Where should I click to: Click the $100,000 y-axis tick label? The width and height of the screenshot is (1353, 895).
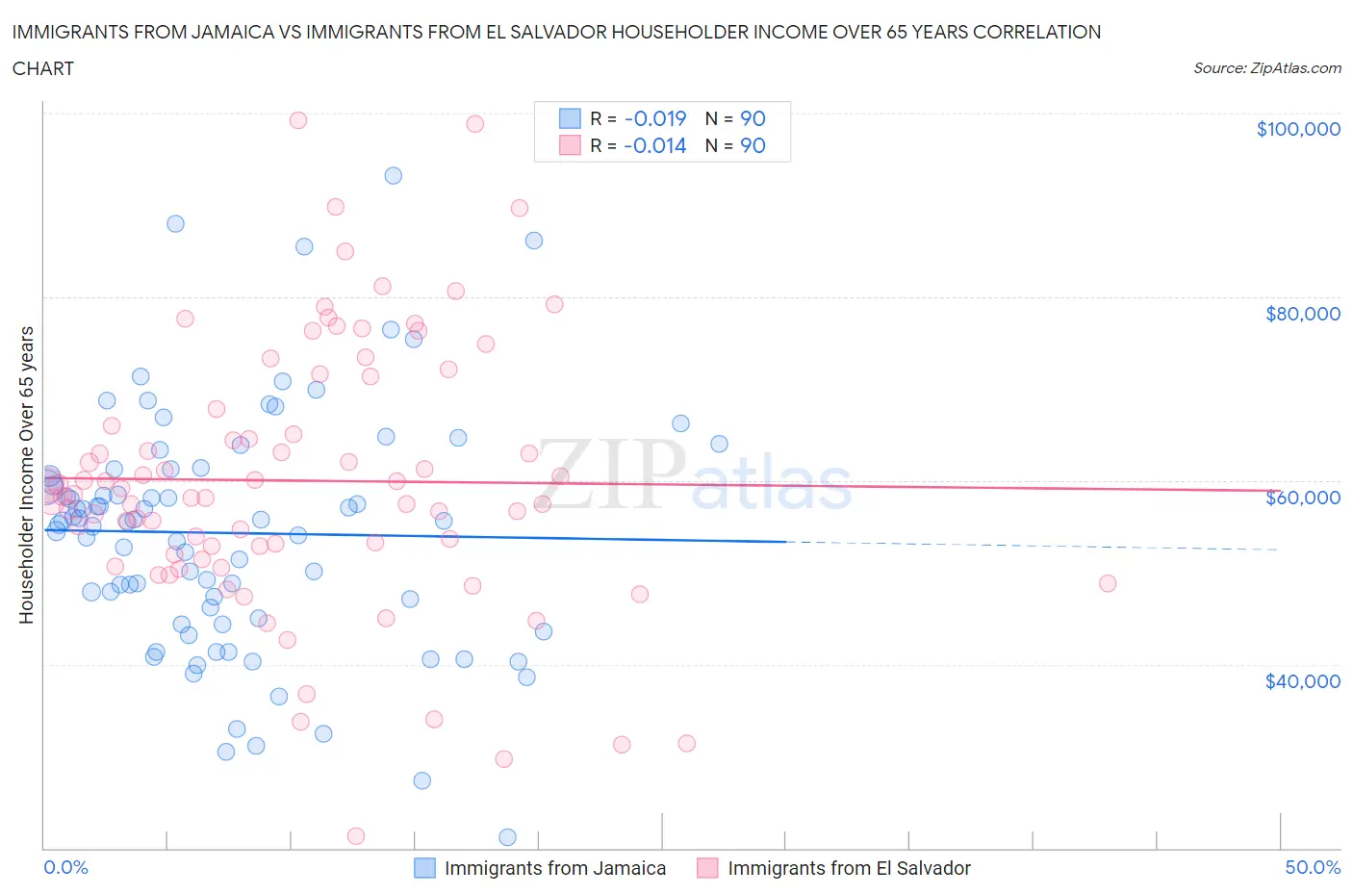tap(1297, 129)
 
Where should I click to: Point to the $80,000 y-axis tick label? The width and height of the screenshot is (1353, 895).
tap(1302, 313)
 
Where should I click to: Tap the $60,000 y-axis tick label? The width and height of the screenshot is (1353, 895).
tap(1302, 497)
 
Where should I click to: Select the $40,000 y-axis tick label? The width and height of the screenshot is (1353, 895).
tap(1302, 680)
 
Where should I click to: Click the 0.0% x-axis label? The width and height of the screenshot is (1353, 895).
tap(65, 867)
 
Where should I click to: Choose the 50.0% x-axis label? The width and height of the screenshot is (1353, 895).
tap(1312, 867)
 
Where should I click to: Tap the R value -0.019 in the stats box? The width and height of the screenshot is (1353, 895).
tap(654, 118)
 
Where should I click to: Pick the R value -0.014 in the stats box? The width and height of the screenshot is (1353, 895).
tap(654, 145)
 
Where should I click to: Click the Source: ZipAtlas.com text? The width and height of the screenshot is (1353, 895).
tap(1266, 67)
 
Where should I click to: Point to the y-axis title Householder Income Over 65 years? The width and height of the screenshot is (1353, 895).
tap(27, 474)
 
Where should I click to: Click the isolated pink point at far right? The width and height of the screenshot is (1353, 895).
tap(1107, 583)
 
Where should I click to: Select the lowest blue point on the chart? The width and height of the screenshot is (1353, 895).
tap(507, 837)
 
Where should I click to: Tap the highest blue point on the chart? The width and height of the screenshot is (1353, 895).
tap(393, 175)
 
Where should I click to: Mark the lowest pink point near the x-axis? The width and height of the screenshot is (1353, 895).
tap(355, 835)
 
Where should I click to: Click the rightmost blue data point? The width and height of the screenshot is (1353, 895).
tap(719, 444)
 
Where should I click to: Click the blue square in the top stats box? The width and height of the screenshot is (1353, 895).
tap(570, 118)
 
